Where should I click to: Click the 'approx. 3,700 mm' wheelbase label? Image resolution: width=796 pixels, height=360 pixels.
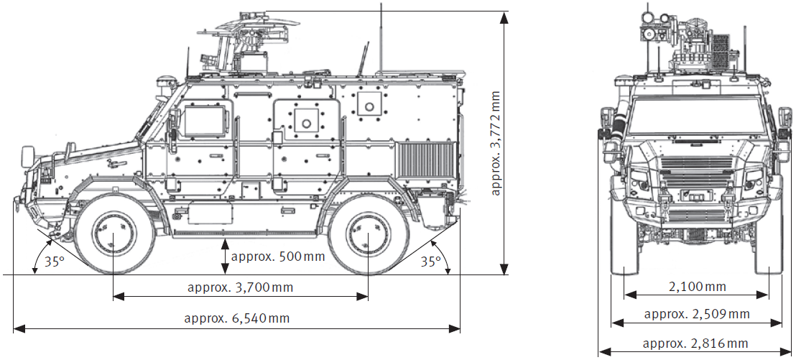[x=240, y=287]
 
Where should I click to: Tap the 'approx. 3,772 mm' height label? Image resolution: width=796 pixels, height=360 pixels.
[x=496, y=143]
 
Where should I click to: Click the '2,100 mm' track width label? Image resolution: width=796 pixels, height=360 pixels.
[x=697, y=287]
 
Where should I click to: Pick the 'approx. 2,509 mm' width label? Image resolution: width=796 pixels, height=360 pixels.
[x=696, y=314]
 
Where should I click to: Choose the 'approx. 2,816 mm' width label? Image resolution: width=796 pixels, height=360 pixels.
[x=695, y=343]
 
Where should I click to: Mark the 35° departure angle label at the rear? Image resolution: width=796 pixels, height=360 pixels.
[x=430, y=262]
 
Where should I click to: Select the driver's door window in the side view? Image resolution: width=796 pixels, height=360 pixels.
[x=207, y=120]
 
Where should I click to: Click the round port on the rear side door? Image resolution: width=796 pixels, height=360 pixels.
[x=307, y=122]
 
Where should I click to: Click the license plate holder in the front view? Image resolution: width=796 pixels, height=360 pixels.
[x=695, y=194]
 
